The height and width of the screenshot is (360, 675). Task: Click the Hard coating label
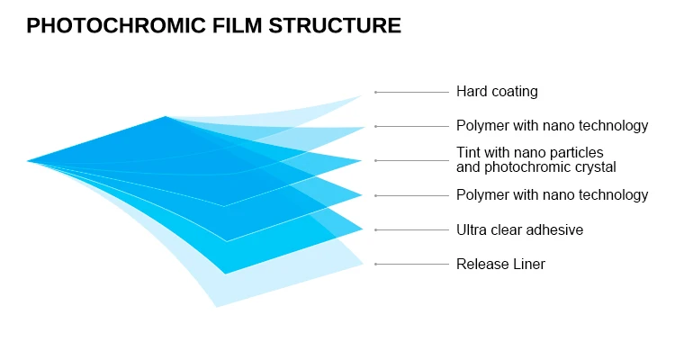(x=497, y=92)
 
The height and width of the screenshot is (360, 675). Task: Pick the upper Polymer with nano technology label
(x=552, y=126)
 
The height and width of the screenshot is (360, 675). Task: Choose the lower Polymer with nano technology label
(x=552, y=195)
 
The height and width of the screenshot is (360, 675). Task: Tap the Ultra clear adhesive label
(x=519, y=230)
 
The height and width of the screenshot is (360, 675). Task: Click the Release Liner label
(x=500, y=265)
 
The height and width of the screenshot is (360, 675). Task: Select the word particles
(x=577, y=153)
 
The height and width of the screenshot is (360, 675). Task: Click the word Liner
(x=526, y=265)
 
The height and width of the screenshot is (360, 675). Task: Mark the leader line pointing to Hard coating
(x=411, y=92)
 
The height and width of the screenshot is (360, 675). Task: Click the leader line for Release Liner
(x=411, y=265)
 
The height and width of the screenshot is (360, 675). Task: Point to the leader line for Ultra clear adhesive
(x=411, y=230)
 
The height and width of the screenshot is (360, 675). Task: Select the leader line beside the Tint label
(x=411, y=161)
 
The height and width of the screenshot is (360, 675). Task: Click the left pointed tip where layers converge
(x=29, y=161)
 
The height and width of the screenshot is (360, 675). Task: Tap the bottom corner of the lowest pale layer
(x=216, y=306)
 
